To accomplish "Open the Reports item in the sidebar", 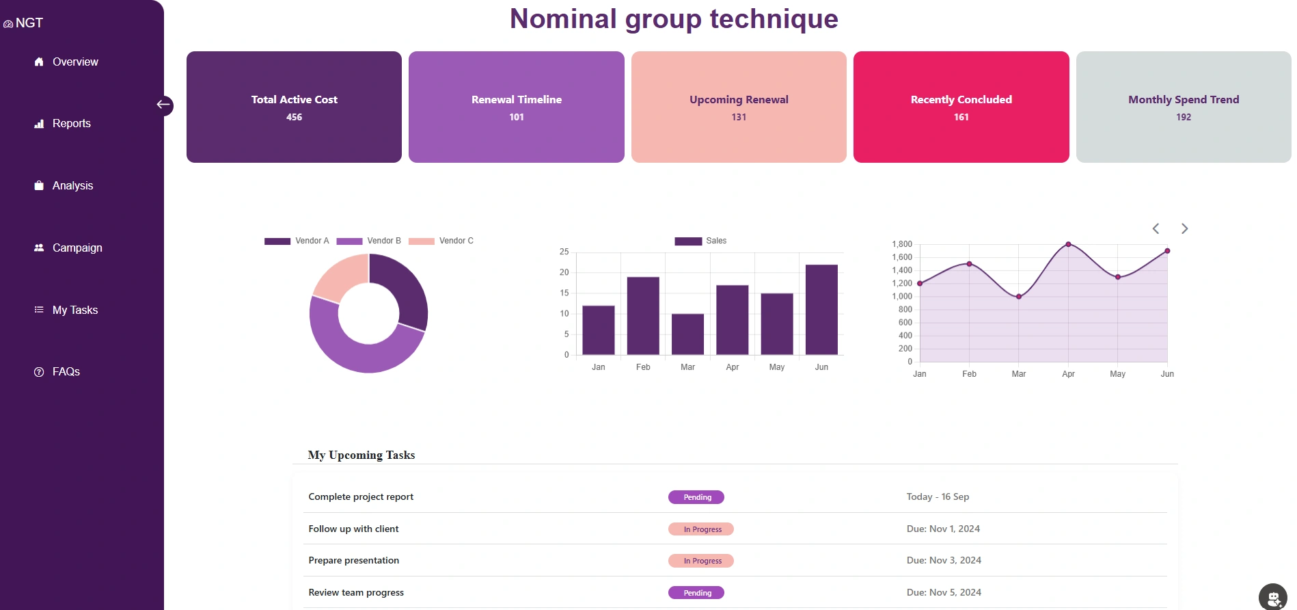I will click(71, 124).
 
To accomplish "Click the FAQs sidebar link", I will click(66, 372).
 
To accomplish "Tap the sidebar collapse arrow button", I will click(163, 105).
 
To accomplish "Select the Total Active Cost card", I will click(294, 107).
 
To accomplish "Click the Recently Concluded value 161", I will click(961, 118).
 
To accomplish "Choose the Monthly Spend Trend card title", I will click(1183, 100).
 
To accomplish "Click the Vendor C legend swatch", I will click(421, 241).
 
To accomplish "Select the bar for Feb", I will click(643, 316).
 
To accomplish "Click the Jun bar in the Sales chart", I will click(821, 310).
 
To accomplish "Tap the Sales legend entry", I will click(701, 241).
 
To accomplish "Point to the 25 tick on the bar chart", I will click(564, 252).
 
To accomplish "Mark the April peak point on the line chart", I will click(1068, 244).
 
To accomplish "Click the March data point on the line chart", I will click(1018, 297).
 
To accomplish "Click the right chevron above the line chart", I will click(1184, 229).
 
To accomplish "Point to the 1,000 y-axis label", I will click(902, 297).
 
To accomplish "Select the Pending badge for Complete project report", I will click(696, 497).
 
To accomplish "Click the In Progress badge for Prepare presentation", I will click(700, 561).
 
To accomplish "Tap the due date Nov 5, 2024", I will click(943, 592).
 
